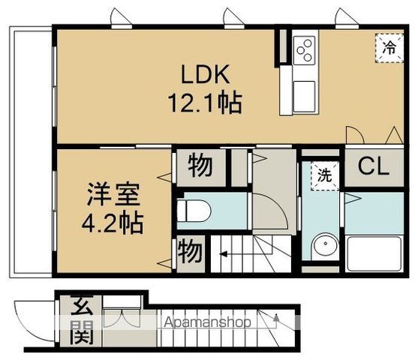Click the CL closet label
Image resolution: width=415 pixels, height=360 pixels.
pos(373,166)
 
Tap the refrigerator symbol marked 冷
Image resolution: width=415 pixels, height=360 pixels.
pos(389,47)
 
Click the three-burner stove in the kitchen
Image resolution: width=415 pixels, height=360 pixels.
pos(304,50)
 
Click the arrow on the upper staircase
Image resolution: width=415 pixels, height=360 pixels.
pos(225,254)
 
